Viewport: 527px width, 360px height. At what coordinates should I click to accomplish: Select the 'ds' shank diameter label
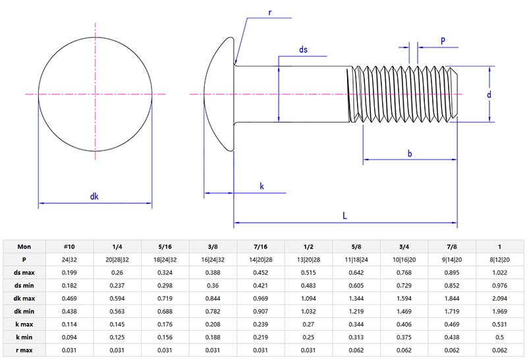tap(303, 49)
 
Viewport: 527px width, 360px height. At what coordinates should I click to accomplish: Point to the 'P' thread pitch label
tap(443, 40)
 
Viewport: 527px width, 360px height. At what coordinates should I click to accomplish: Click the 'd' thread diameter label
tap(489, 94)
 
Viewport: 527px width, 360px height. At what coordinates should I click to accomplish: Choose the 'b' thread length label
tap(409, 154)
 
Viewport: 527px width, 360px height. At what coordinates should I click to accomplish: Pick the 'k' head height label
tap(262, 187)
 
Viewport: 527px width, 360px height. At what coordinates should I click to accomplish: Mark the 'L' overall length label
tap(345, 216)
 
